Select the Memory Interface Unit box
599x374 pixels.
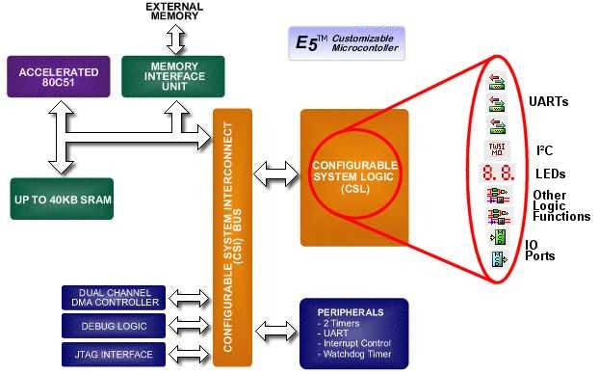tap(173, 76)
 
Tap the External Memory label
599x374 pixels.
tap(173, 12)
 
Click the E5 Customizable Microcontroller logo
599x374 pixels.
tap(347, 43)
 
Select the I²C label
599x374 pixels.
tap(544, 151)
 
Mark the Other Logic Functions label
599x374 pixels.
tap(560, 205)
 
